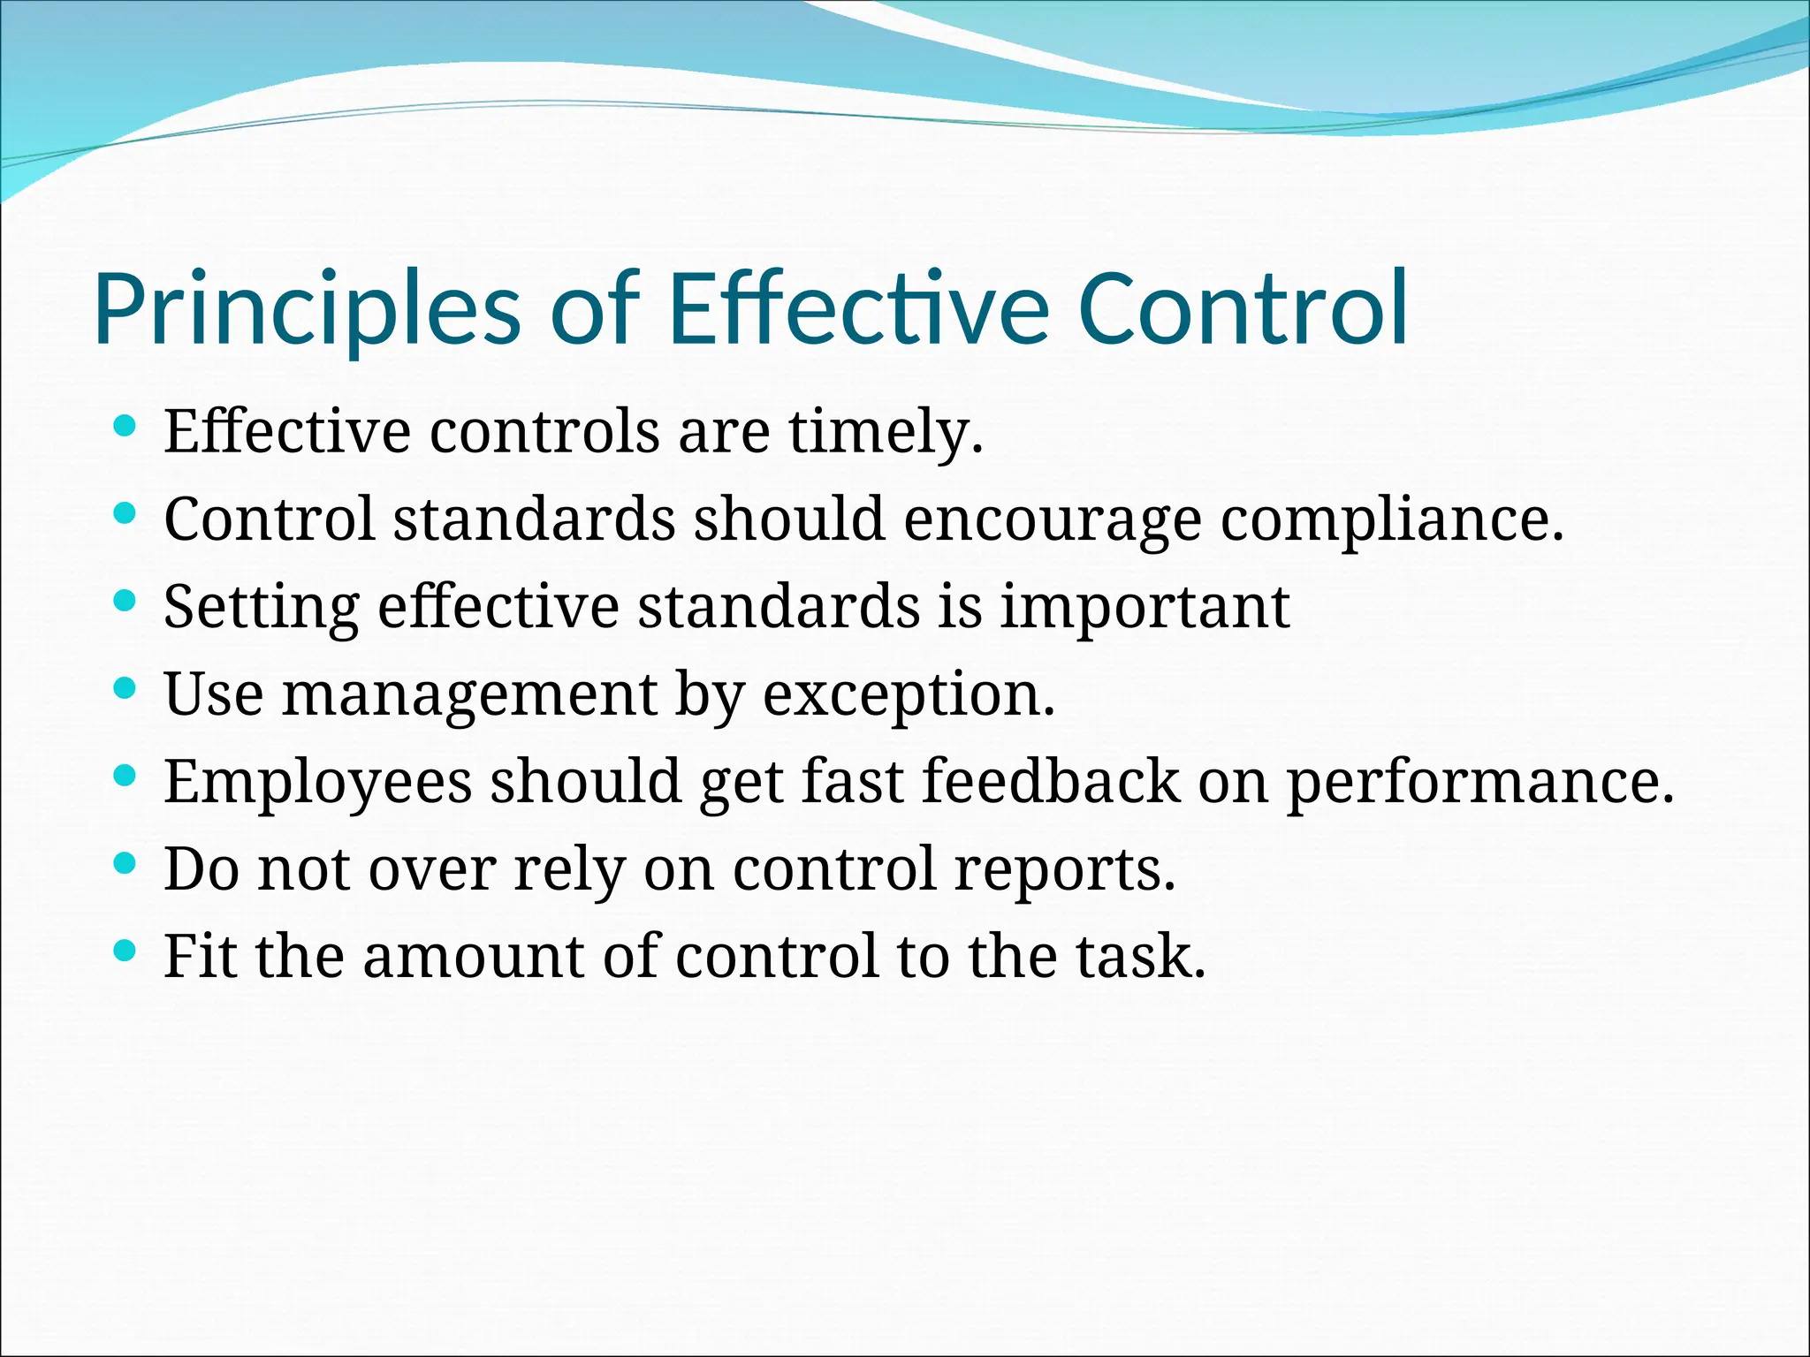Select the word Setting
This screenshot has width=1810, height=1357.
tap(262, 608)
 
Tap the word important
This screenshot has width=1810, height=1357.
tap(1145, 608)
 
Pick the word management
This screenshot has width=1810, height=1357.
tap(469, 695)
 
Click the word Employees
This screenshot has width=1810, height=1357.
tap(318, 783)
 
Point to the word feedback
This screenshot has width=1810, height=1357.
tap(1050, 781)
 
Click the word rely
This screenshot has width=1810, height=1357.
tap(569, 870)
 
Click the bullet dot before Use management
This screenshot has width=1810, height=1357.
tap(125, 688)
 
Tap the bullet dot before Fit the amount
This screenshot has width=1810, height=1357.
tap(125, 951)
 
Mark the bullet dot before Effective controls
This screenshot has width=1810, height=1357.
tap(125, 427)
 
